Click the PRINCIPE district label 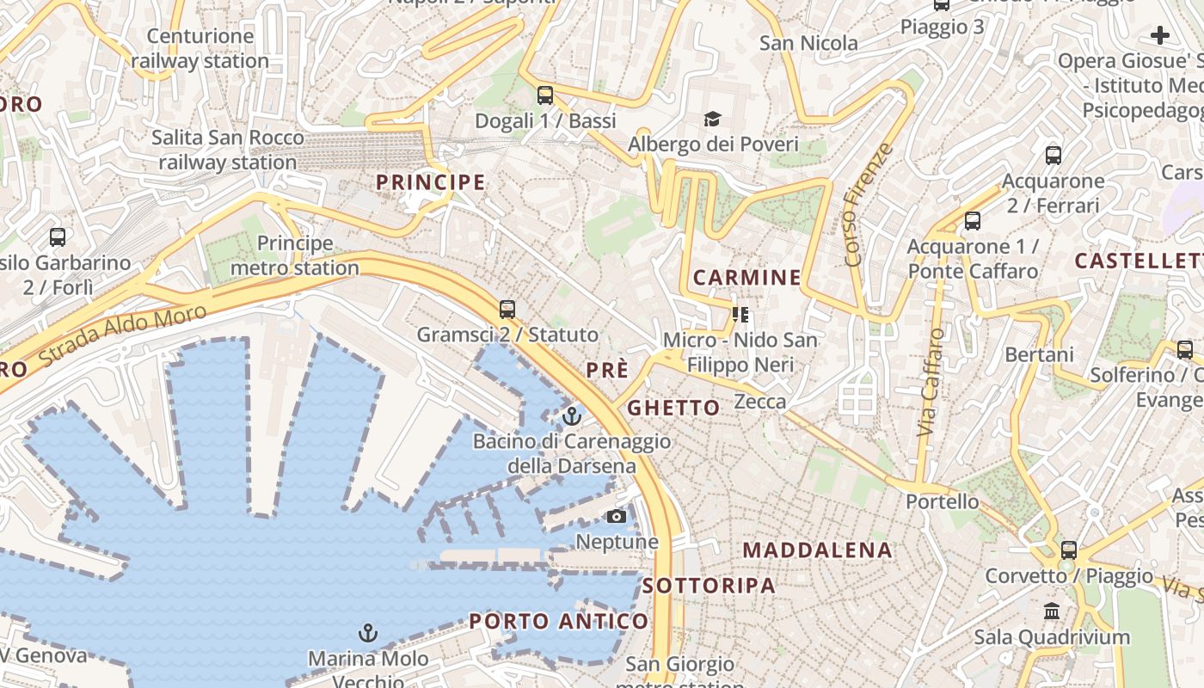[431, 182]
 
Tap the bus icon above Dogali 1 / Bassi [545, 95]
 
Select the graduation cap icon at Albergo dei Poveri [712, 119]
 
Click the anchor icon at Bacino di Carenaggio [571, 417]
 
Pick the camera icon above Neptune [617, 517]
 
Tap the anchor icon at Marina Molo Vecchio [368, 634]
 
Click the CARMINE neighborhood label [746, 278]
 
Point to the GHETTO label [673, 408]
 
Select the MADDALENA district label [817, 550]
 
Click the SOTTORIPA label [709, 587]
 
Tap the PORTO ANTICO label [559, 622]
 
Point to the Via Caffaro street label [931, 382]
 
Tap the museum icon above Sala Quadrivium [1051, 611]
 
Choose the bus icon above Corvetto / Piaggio [1069, 550]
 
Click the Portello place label [943, 501]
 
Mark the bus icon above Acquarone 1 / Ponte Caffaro [973, 221]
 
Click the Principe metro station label [295, 255]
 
